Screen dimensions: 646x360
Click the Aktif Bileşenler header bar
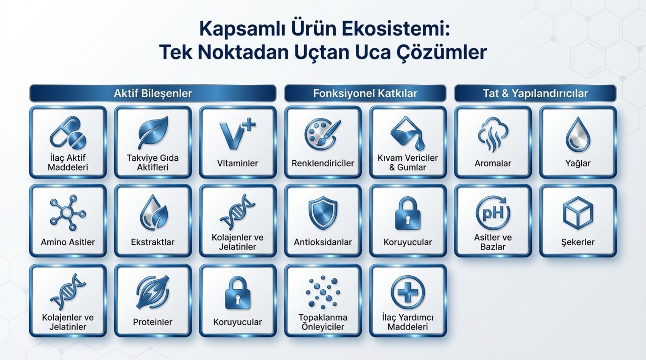click(x=153, y=93)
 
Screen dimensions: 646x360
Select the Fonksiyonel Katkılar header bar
click(x=365, y=93)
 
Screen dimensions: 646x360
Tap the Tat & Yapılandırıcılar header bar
click(x=535, y=93)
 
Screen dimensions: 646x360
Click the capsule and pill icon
click(x=68, y=133)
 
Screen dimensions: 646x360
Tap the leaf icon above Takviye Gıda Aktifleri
click(x=153, y=133)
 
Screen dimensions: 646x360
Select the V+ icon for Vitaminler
click(x=237, y=134)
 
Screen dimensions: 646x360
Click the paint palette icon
click(x=323, y=134)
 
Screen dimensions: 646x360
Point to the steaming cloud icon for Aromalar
click(x=493, y=134)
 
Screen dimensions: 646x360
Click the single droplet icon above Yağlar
click(x=578, y=134)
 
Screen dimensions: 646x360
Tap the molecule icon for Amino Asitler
click(x=68, y=213)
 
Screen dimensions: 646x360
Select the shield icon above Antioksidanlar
click(x=323, y=213)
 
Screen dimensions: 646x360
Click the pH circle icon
click(x=493, y=213)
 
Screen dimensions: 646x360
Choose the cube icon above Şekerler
click(x=578, y=213)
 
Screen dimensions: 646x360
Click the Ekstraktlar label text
click(x=153, y=242)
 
